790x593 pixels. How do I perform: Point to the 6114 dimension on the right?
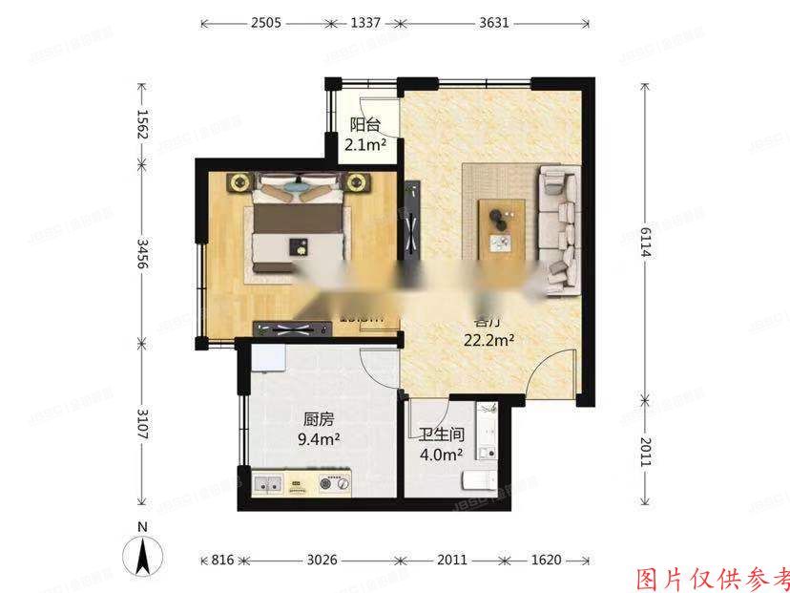pyautogui.click(x=646, y=239)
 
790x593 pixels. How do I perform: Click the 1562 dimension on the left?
pyautogui.click(x=142, y=124)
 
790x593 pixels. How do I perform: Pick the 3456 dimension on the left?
pyautogui.click(x=142, y=252)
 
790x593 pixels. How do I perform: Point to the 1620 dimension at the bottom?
pyautogui.click(x=548, y=560)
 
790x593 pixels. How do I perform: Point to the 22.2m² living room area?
pyautogui.click(x=489, y=339)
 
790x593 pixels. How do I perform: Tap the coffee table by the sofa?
pyautogui.click(x=501, y=227)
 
